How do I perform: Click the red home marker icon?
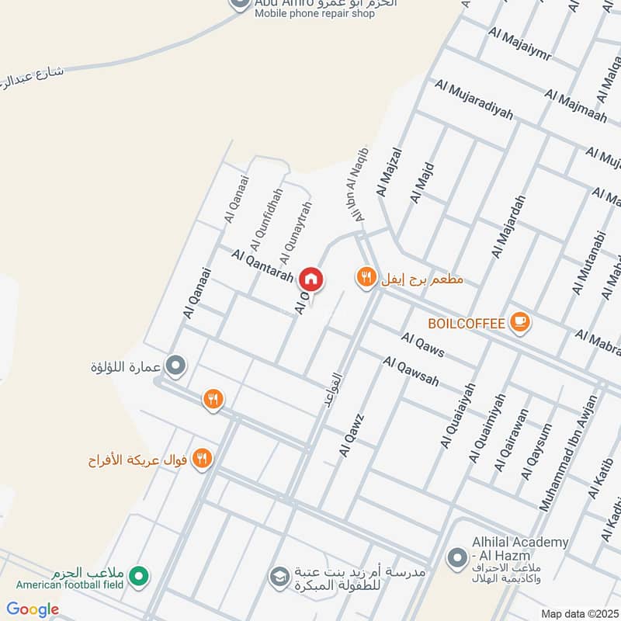click(311, 278)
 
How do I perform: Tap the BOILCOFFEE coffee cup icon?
click(519, 321)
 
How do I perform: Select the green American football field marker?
click(139, 576)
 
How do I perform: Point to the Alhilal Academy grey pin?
click(456, 557)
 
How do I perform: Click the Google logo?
click(33, 609)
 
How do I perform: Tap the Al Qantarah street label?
click(262, 265)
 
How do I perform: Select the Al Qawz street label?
click(351, 435)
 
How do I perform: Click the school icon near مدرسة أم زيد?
click(277, 576)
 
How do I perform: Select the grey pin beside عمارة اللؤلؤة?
click(176, 365)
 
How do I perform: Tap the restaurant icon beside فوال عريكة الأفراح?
click(202, 458)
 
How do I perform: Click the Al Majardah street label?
click(508, 227)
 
